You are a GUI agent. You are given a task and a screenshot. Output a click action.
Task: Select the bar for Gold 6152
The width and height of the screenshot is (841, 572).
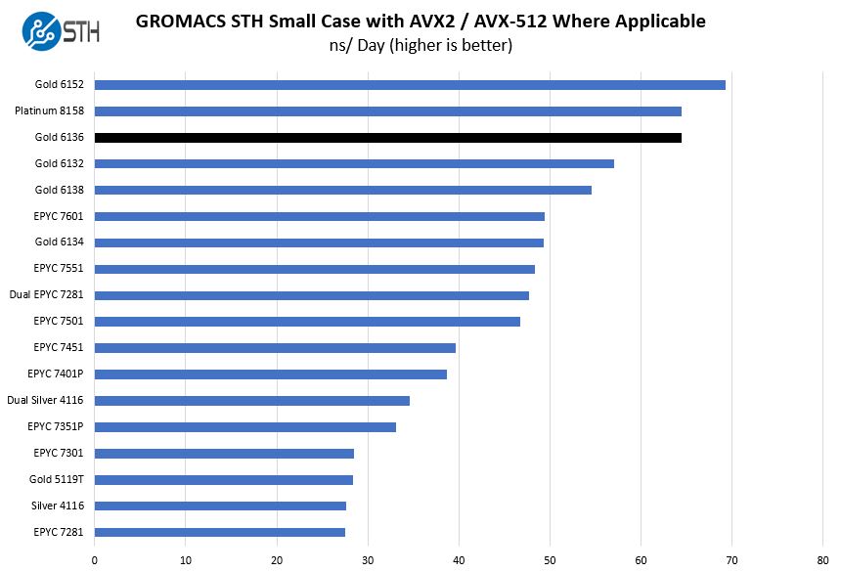click(x=410, y=84)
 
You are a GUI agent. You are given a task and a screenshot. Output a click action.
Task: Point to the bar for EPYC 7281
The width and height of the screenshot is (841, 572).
click(x=219, y=532)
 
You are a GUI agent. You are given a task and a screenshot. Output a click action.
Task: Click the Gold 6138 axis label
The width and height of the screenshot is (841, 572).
click(x=60, y=190)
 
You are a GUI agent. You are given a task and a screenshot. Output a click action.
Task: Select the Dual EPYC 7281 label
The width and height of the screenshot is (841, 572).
click(x=47, y=295)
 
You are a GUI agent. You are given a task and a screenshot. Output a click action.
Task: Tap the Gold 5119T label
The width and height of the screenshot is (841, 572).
click(x=57, y=480)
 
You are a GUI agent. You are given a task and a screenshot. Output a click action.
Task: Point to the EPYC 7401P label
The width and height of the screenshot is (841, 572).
click(x=56, y=374)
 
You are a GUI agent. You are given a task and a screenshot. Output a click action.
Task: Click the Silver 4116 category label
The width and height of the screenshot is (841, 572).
click(x=58, y=506)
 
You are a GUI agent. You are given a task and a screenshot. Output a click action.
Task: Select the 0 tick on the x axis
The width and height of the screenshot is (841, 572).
click(x=95, y=560)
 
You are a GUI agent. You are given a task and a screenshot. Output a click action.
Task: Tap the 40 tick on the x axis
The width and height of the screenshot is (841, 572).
click(x=459, y=560)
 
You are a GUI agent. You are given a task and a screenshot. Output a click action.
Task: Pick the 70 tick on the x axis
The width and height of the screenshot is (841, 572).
click(x=732, y=560)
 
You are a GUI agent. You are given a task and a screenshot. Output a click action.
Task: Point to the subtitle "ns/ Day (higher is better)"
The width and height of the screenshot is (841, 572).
click(x=420, y=46)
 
